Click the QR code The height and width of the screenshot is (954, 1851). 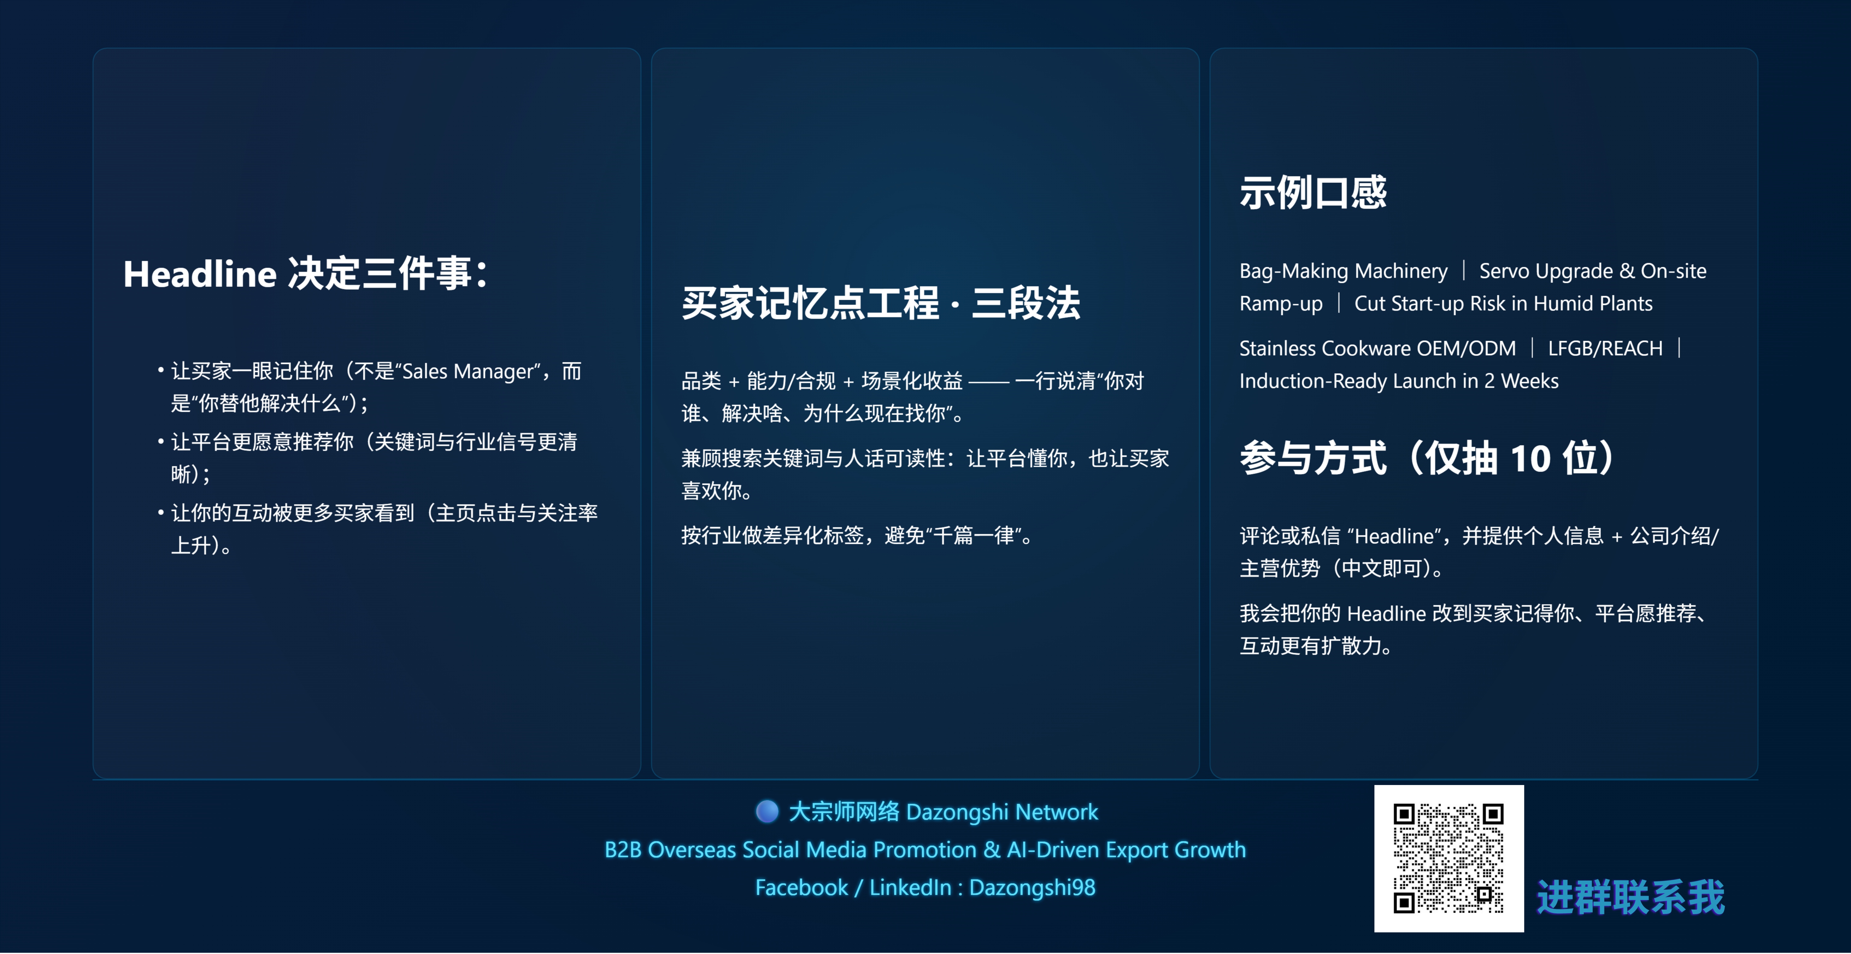point(1449,859)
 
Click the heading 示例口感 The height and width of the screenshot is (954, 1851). point(1313,192)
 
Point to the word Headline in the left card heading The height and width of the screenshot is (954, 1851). point(200,274)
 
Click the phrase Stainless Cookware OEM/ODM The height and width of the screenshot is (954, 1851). point(1377,348)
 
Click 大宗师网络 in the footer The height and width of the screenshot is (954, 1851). point(844,812)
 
